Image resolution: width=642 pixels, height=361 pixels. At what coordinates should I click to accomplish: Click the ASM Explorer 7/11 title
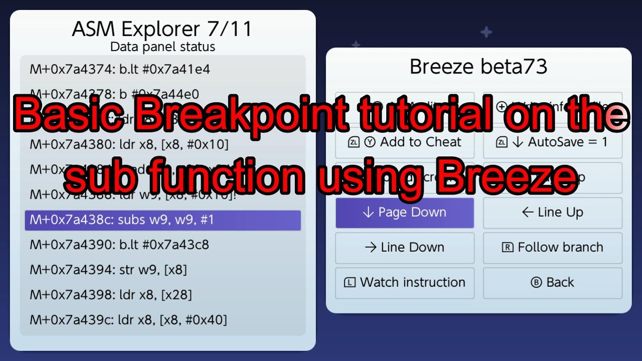point(162,30)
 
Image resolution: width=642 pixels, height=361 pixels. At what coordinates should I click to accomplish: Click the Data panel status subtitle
point(163,47)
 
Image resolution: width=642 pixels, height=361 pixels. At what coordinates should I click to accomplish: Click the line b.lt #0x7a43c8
point(119,245)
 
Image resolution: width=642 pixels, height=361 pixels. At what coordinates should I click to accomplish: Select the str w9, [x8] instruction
point(108,270)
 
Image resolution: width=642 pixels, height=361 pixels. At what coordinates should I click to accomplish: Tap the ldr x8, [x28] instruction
point(110,295)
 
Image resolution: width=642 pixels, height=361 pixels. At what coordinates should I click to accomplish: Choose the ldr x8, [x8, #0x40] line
point(128,319)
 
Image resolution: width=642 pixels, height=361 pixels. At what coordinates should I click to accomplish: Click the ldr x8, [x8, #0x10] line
point(129,145)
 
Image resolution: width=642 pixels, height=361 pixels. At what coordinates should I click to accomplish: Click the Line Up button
point(552,213)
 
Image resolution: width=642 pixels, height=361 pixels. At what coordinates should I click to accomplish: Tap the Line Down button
point(404,247)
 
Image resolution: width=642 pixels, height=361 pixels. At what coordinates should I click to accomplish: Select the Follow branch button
point(552,247)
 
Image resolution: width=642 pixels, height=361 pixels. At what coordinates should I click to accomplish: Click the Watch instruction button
point(404,282)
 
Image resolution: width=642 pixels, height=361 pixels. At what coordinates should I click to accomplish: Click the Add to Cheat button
point(404,142)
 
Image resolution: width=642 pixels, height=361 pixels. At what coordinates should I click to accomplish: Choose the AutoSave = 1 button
point(552,142)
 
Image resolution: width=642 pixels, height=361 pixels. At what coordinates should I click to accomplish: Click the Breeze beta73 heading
point(478,67)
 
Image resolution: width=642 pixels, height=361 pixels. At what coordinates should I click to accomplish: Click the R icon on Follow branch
point(507,247)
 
